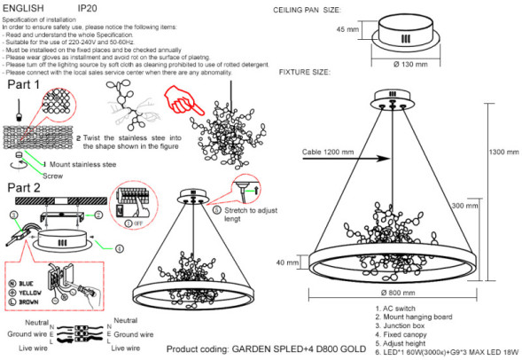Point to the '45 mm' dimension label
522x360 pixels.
pyautogui.click(x=347, y=29)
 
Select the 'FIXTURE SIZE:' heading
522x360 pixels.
pyautogui.click(x=306, y=71)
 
